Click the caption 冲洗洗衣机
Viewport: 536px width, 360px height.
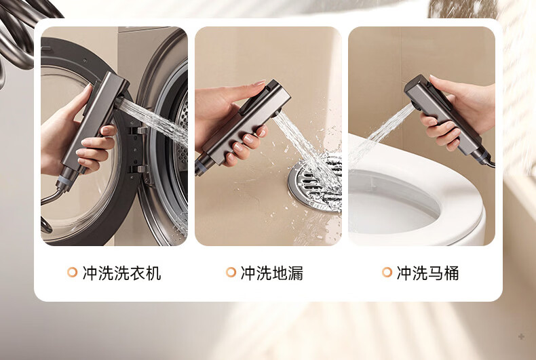click(x=121, y=273)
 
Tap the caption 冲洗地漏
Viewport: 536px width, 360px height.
click(x=272, y=273)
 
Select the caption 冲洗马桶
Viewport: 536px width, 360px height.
click(x=427, y=273)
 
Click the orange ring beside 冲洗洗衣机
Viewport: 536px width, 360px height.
click(x=72, y=273)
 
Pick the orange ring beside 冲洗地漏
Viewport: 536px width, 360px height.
click(x=231, y=273)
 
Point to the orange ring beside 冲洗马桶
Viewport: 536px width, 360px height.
click(x=387, y=273)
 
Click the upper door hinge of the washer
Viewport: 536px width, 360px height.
click(x=140, y=129)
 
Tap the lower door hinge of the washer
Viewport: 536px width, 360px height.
click(x=140, y=168)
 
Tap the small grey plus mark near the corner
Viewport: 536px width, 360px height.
click(x=521, y=337)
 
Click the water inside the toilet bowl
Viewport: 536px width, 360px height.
click(x=389, y=212)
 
